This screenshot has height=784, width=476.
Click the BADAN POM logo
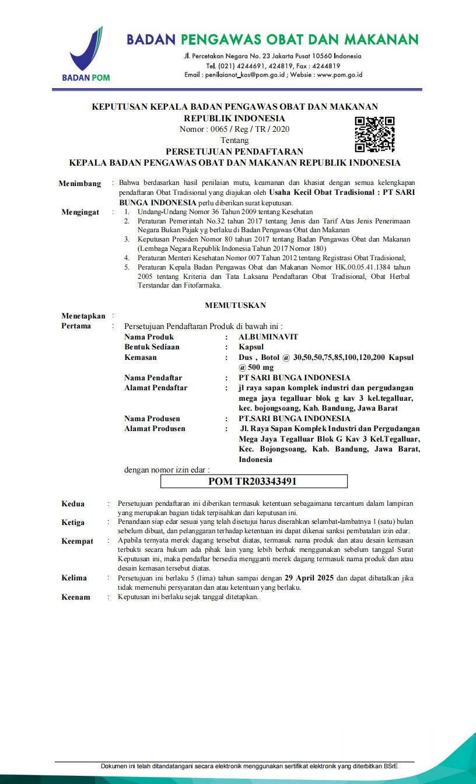(x=85, y=53)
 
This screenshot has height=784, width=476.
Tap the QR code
(x=375, y=134)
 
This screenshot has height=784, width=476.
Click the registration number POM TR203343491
(x=253, y=481)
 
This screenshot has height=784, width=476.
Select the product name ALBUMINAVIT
(x=268, y=337)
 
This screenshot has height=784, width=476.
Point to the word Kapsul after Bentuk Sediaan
(x=251, y=346)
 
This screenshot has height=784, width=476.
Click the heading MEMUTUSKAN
(x=236, y=305)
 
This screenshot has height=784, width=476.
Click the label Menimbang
(x=80, y=184)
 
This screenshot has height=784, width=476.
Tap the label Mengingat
(x=80, y=212)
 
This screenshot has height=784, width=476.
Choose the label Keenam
(x=76, y=597)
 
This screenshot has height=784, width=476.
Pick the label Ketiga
(x=73, y=523)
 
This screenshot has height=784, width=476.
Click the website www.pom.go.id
(x=340, y=75)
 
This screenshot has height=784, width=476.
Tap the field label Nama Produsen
(x=152, y=418)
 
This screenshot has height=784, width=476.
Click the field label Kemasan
(x=141, y=357)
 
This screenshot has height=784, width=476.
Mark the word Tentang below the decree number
(x=235, y=141)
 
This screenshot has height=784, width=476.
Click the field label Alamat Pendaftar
(x=156, y=387)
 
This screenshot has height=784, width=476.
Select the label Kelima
(x=74, y=578)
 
